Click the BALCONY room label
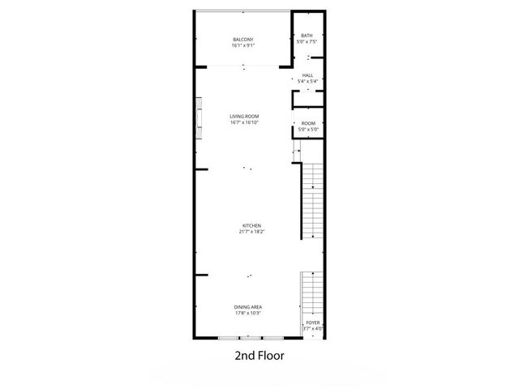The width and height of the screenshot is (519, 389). point(243,40)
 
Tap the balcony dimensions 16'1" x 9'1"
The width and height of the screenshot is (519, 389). point(243,45)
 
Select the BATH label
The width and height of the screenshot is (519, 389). point(307,36)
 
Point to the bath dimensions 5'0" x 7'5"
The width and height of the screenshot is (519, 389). point(307,41)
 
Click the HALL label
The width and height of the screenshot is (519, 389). point(307,75)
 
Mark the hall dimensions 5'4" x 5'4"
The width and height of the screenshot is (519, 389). point(307,80)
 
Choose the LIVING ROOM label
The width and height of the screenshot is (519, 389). point(244,116)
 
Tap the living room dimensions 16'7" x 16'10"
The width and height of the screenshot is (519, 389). point(244,122)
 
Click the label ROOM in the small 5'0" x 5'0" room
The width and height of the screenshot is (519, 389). point(307,123)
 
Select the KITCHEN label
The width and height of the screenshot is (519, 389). point(251,226)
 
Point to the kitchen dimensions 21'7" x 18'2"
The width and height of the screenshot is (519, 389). point(251,233)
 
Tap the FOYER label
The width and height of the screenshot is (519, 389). point(313,322)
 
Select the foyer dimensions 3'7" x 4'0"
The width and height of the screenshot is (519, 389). point(313,327)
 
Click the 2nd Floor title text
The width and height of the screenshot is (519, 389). point(259,355)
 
